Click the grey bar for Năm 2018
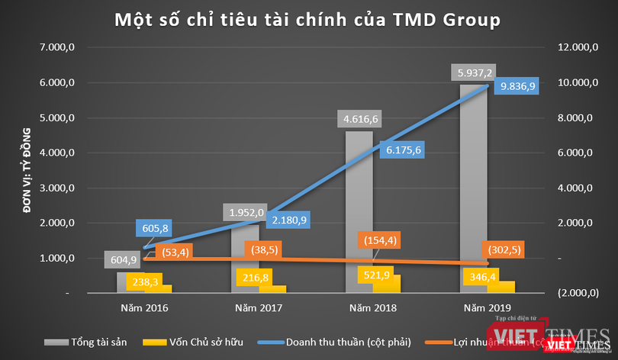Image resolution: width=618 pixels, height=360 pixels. click(x=360, y=206)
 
